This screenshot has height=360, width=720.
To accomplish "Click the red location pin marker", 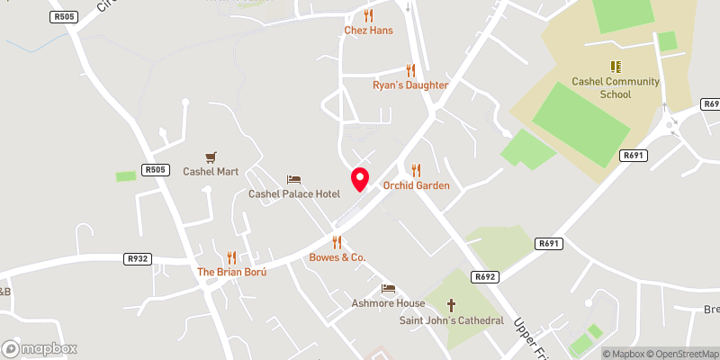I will pyautogui.click(x=359, y=178).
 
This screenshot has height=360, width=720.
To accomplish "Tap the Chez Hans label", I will pyautogui.click(x=368, y=30).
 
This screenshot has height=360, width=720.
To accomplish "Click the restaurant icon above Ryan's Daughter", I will pyautogui.click(x=410, y=70).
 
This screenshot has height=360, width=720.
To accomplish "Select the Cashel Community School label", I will pyautogui.click(x=616, y=87).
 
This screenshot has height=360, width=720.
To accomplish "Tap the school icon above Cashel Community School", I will pyautogui.click(x=616, y=67).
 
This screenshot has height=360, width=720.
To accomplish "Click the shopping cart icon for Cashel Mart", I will pyautogui.click(x=211, y=157).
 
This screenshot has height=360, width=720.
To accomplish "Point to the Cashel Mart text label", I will pyautogui.click(x=211, y=171).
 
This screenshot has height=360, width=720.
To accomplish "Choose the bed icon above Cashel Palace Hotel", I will pyautogui.click(x=293, y=179).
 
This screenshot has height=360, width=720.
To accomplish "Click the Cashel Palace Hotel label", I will pyautogui.click(x=293, y=193).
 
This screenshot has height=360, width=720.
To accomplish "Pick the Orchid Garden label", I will pyautogui.click(x=416, y=185).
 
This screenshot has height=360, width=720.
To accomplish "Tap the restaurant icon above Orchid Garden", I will pyautogui.click(x=416, y=170).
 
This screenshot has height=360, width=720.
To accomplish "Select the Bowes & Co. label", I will pyautogui.click(x=337, y=257).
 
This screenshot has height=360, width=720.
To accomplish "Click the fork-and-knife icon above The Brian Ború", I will pyautogui.click(x=232, y=256).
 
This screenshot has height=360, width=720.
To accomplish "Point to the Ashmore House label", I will pyautogui.click(x=388, y=303).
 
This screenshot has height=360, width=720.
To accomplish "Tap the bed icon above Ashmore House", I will pyautogui.click(x=388, y=288).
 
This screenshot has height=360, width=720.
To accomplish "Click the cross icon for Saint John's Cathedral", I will pyautogui.click(x=451, y=305).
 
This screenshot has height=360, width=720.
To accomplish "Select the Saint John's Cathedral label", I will pyautogui.click(x=451, y=320).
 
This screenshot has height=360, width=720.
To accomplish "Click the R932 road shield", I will pyautogui.click(x=137, y=259).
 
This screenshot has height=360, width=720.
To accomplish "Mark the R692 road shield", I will pyautogui.click(x=485, y=276).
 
